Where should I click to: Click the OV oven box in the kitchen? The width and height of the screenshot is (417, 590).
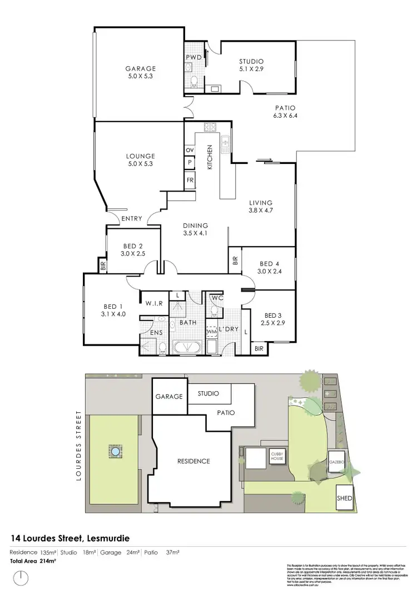tap(190, 150)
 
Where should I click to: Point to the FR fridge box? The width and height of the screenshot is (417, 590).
tap(190, 181)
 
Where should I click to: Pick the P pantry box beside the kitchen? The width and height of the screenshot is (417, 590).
tap(190, 163)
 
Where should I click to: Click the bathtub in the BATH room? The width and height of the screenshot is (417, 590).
tap(187, 347)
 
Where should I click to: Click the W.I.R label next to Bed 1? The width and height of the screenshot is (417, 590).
tap(153, 303)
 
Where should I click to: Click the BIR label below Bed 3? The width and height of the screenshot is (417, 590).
tap(259, 348)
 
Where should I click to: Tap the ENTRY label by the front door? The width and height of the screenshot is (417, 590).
tap(131, 218)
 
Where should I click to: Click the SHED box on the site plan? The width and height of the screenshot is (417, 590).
tap(344, 498)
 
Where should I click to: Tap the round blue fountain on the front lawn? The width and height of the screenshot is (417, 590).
tap(116, 452)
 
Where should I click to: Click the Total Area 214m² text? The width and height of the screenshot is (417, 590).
tap(34, 562)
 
